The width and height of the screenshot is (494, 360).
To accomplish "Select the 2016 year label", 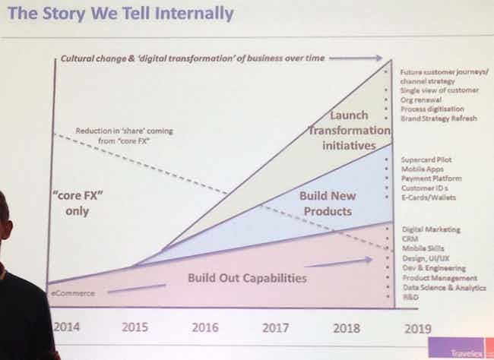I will [205, 328].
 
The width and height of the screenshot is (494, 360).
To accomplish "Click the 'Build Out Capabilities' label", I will [247, 279].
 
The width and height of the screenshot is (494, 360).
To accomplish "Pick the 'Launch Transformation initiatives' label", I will [348, 130].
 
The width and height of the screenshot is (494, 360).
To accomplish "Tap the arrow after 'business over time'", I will [356, 57].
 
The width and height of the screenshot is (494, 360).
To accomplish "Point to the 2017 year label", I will [275, 328].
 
